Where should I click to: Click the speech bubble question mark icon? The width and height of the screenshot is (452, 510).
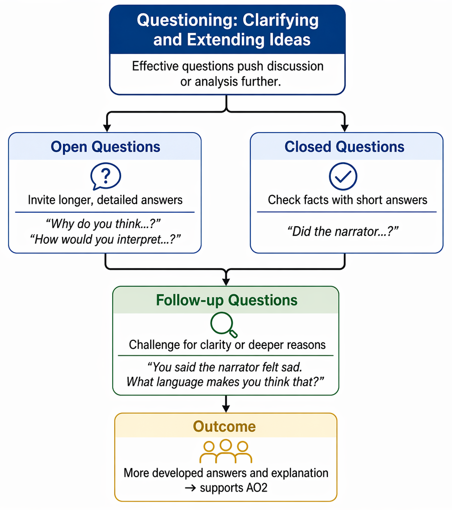pos(106,176)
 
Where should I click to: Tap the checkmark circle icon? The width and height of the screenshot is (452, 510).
pos(343,176)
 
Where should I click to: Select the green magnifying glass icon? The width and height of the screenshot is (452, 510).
pos(224,325)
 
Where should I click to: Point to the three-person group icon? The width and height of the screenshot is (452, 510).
pos(226,451)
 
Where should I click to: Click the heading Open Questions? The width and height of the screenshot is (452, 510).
pos(105,147)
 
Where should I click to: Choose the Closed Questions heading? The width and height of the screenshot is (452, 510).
pos(344,147)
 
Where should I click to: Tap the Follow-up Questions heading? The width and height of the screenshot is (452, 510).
pos(227,300)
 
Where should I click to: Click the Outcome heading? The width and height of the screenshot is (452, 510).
pos(224,426)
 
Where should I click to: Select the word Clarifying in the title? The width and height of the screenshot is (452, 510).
pos(281,21)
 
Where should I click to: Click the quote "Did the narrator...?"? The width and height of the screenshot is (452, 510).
pos(343,232)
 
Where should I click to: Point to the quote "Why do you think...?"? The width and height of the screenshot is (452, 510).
pos(103,224)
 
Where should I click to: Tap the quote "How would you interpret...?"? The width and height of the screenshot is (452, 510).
pos(105,239)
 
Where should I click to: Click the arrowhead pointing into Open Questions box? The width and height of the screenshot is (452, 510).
pos(107,128)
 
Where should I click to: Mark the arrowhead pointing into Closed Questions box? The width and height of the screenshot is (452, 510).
pos(344,128)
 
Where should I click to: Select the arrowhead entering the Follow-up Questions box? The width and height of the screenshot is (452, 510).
pos(226,282)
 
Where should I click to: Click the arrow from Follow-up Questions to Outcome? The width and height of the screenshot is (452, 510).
pos(226,404)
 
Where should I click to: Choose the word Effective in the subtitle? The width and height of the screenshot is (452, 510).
pos(155,66)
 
